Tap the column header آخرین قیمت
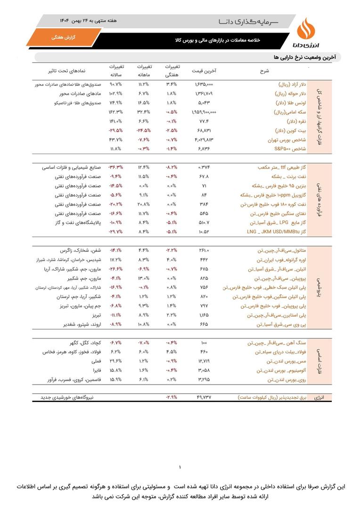coord(204,71)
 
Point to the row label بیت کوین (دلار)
coord(290,131)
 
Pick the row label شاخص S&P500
coord(291,149)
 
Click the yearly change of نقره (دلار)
coord(115,121)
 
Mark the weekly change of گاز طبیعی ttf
coord(171,167)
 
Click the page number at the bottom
coord(180,468)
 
